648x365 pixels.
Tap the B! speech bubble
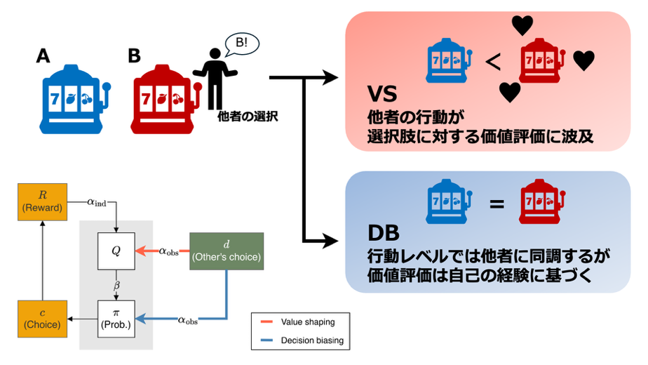(241, 44)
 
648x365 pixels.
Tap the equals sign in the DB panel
(496, 204)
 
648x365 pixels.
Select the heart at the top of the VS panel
(522, 26)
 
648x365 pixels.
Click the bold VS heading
(384, 95)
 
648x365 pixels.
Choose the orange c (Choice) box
(43, 318)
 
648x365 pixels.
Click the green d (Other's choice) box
(226, 251)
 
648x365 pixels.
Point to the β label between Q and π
(117, 284)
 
